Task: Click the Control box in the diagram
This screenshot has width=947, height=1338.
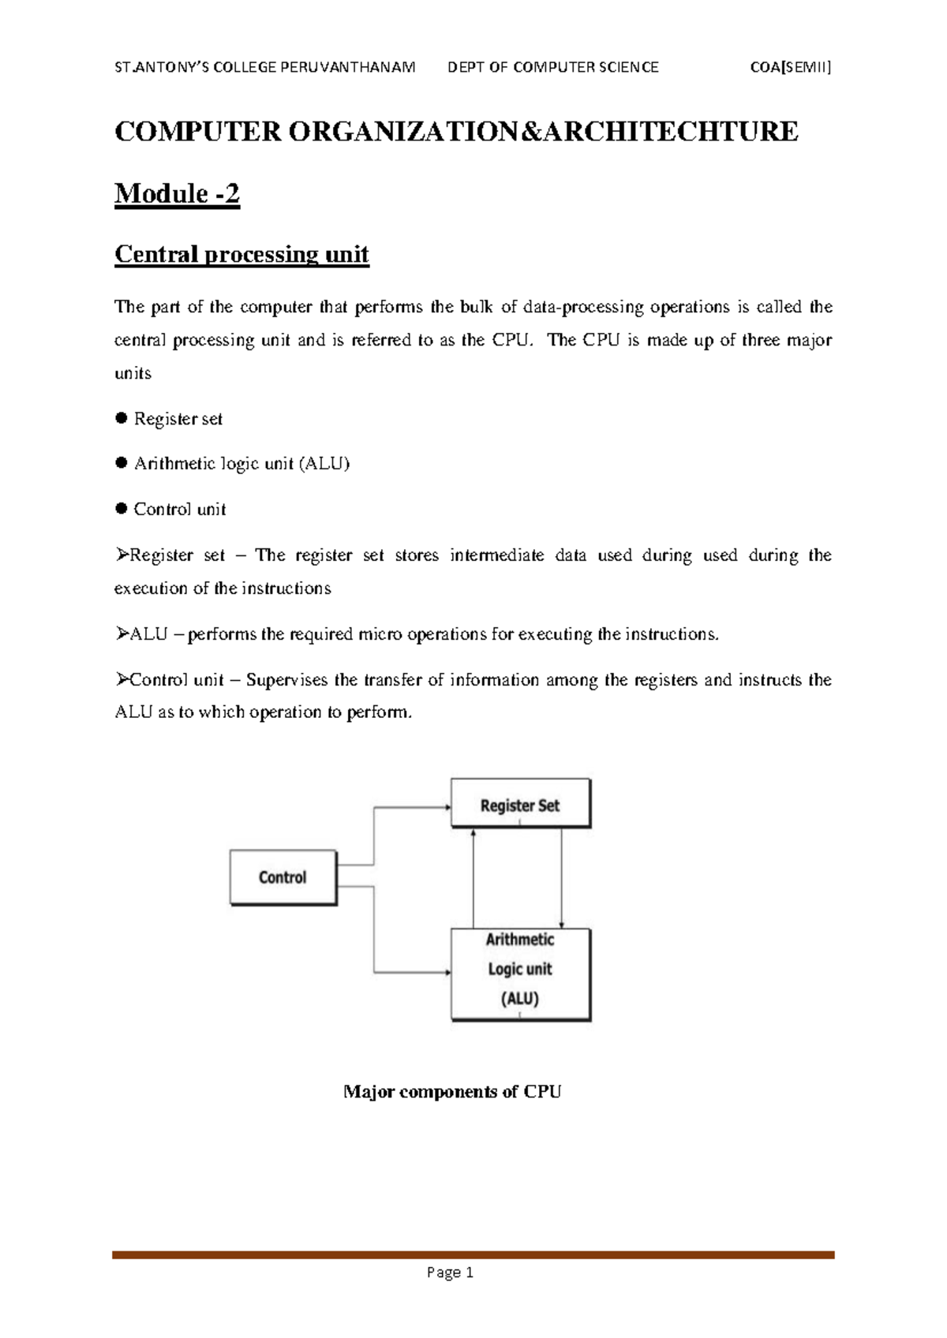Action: click(x=283, y=877)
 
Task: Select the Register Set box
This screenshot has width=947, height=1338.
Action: click(x=520, y=803)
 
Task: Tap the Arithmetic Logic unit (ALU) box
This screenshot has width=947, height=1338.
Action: click(x=520, y=974)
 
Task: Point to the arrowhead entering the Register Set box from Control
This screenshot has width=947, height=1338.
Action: click(x=447, y=807)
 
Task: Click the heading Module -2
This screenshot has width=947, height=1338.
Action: click(x=177, y=193)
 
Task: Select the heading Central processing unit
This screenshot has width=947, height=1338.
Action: click(x=241, y=254)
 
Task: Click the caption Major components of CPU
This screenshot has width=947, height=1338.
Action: click(x=452, y=1092)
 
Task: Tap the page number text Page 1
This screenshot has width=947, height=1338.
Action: click(x=450, y=1272)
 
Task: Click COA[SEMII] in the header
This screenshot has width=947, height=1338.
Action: click(x=791, y=67)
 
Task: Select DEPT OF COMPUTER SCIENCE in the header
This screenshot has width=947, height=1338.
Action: click(x=552, y=67)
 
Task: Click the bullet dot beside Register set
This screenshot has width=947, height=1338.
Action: click(x=122, y=418)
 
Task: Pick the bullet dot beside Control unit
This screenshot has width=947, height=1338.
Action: click(x=122, y=509)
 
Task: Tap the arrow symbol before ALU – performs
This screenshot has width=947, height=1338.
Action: click(x=122, y=633)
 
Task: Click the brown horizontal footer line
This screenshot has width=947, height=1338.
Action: click(x=473, y=1254)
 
